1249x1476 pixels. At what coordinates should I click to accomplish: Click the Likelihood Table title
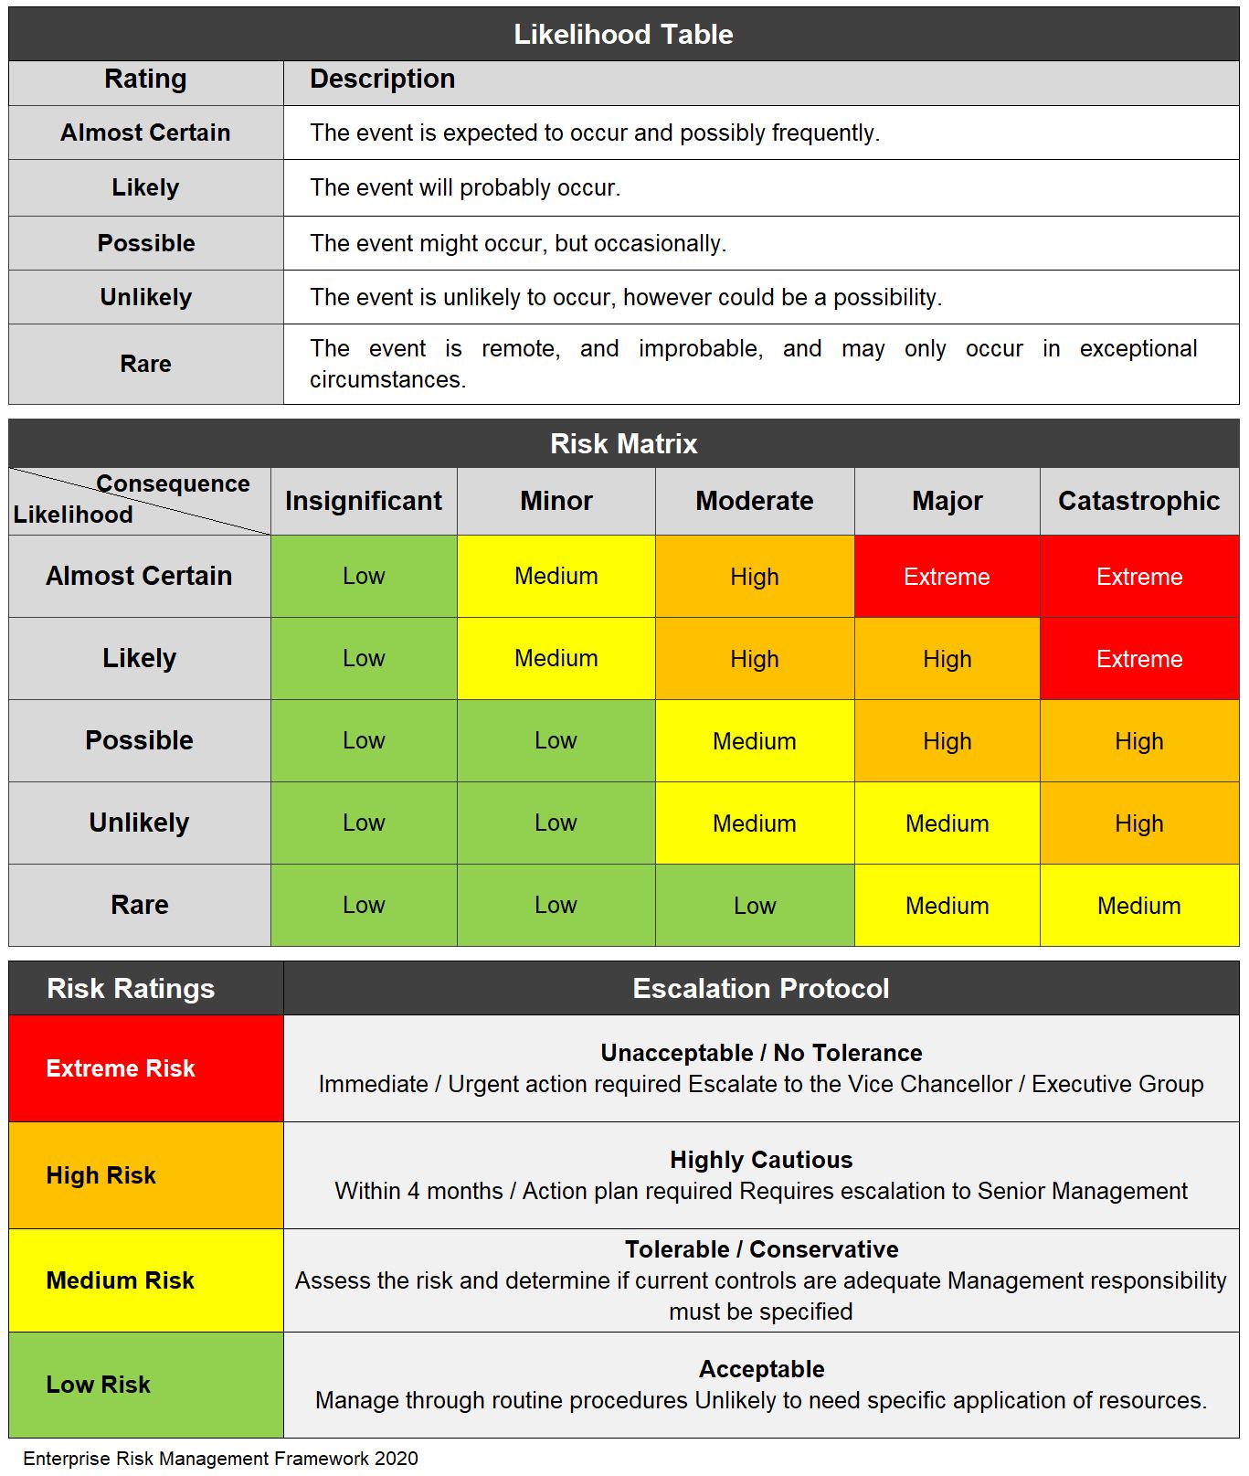pyautogui.click(x=623, y=35)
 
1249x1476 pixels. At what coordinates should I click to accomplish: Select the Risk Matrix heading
pyautogui.click(x=623, y=444)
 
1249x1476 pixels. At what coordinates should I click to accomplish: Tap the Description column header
pyautogui.click(x=382, y=80)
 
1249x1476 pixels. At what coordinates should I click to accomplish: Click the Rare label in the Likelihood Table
pyautogui.click(x=145, y=364)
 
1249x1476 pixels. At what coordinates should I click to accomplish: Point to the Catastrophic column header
pyautogui.click(x=1138, y=501)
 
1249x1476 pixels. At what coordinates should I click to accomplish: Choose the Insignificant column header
pyautogui.click(x=363, y=501)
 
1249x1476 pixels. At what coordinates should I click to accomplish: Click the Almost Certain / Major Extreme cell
pyautogui.click(x=947, y=577)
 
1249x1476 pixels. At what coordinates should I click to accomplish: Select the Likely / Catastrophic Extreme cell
pyautogui.click(x=1138, y=659)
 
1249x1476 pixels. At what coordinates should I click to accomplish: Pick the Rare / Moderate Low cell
pyautogui.click(x=754, y=906)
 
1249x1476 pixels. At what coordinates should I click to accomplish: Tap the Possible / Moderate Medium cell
pyautogui.click(x=754, y=741)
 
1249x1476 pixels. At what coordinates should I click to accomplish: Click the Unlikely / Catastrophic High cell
pyautogui.click(x=1138, y=823)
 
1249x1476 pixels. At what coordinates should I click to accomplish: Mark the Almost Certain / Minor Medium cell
pyautogui.click(x=556, y=577)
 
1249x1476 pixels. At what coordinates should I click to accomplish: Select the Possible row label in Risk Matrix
pyautogui.click(x=139, y=740)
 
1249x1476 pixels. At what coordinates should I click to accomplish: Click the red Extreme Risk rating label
pyautogui.click(x=121, y=1068)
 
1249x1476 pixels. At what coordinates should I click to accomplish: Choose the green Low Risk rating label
pyautogui.click(x=99, y=1385)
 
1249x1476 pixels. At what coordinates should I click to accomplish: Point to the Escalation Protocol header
pyautogui.click(x=760, y=989)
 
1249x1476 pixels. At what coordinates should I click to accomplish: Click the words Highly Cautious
pyautogui.click(x=760, y=1160)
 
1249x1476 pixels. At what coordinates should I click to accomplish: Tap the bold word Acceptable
pyautogui.click(x=761, y=1369)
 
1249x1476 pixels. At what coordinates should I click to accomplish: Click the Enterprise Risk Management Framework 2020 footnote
pyautogui.click(x=220, y=1459)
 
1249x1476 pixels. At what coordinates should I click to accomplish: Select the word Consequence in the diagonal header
pyautogui.click(x=173, y=483)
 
